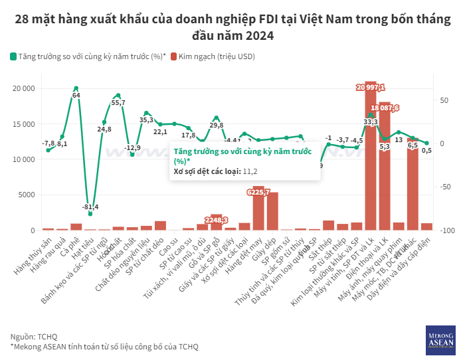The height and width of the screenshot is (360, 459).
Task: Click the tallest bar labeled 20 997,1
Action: click(371, 159)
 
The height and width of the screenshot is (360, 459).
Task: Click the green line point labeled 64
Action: click(76, 88)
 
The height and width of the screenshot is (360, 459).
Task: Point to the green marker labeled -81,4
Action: click(90, 214)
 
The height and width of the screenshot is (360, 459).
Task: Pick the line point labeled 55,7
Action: click(118, 95)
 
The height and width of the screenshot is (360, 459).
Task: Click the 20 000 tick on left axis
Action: click(25, 88)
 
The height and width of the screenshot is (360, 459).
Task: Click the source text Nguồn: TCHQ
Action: click(34, 336)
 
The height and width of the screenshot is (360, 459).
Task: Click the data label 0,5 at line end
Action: click(427, 151)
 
